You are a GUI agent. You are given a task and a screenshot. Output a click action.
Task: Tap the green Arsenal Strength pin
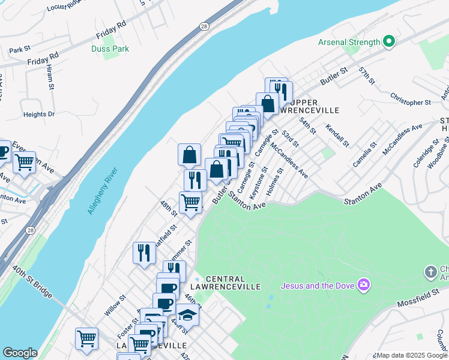click(x=389, y=41)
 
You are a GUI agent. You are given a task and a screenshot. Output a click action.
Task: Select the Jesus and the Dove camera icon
click(x=363, y=284)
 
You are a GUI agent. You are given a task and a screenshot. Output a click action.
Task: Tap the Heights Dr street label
click(x=39, y=114)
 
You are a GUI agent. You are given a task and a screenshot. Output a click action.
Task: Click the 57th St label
click(x=367, y=76)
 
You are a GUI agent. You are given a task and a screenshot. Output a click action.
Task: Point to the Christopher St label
click(x=411, y=98)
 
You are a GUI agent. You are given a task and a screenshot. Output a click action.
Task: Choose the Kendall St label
click(x=337, y=136)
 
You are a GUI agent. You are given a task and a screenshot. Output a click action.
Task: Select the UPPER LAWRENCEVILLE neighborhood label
click(x=310, y=106)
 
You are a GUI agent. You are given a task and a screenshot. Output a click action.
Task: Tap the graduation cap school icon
click(x=187, y=314)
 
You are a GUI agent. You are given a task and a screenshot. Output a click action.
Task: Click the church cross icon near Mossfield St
click(x=430, y=272)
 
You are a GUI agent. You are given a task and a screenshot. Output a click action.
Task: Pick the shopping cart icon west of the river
click(x=24, y=161)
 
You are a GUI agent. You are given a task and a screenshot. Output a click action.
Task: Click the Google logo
click(x=20, y=353)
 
